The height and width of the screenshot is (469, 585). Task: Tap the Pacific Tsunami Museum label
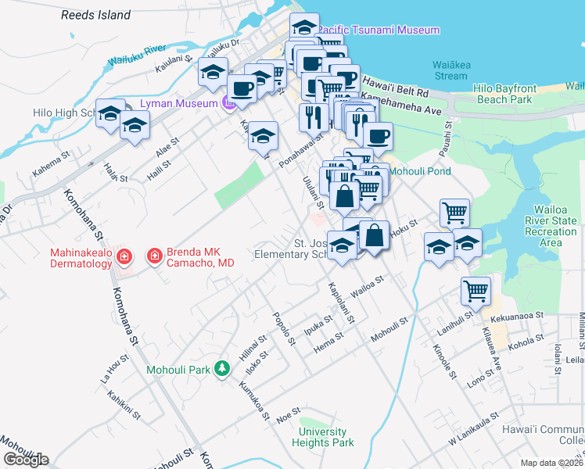[x=380, y=30]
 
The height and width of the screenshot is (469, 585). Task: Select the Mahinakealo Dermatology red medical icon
[x=124, y=256]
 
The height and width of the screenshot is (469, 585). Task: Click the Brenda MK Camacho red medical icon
[x=154, y=256]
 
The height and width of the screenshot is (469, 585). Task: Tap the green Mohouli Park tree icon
[x=223, y=368]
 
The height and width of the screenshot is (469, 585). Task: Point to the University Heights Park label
[x=323, y=437]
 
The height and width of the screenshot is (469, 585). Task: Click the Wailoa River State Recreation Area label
[x=556, y=226]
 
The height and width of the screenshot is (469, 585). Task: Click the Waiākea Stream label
[x=450, y=70]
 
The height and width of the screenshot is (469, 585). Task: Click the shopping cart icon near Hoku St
[x=454, y=212]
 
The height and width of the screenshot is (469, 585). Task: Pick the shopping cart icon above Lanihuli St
[x=476, y=291]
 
